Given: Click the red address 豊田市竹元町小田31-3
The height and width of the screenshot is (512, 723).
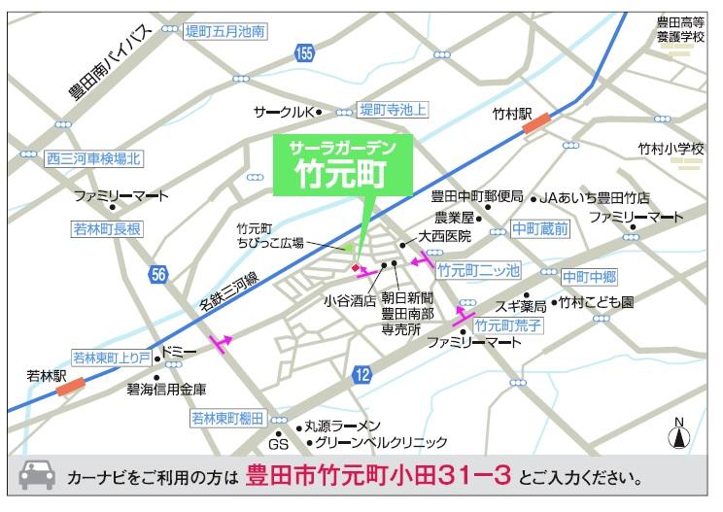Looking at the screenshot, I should [x=378, y=477].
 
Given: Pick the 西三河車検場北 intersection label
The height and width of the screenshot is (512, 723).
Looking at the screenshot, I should [x=94, y=157].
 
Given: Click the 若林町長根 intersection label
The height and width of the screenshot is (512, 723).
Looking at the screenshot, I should [x=107, y=229].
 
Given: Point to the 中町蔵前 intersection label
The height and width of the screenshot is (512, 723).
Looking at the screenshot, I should [x=541, y=229].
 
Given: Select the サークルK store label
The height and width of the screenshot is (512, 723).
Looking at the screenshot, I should [x=281, y=111].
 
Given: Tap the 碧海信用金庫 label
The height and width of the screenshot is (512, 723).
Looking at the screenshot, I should [x=166, y=389].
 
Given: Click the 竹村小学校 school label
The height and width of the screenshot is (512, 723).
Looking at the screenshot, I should [x=671, y=148].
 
